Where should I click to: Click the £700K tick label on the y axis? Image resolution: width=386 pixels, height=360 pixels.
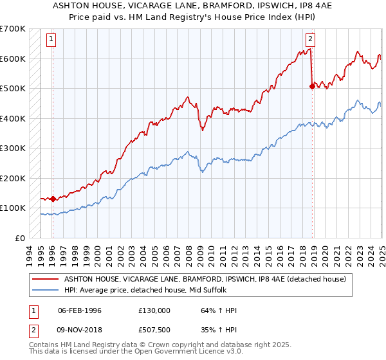click(x=13, y=29)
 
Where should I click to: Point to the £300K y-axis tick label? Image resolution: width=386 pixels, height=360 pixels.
click(x=13, y=148)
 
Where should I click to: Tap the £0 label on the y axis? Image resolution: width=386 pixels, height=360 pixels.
click(x=21, y=238)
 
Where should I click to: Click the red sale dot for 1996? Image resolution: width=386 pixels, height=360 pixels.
click(x=53, y=199)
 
